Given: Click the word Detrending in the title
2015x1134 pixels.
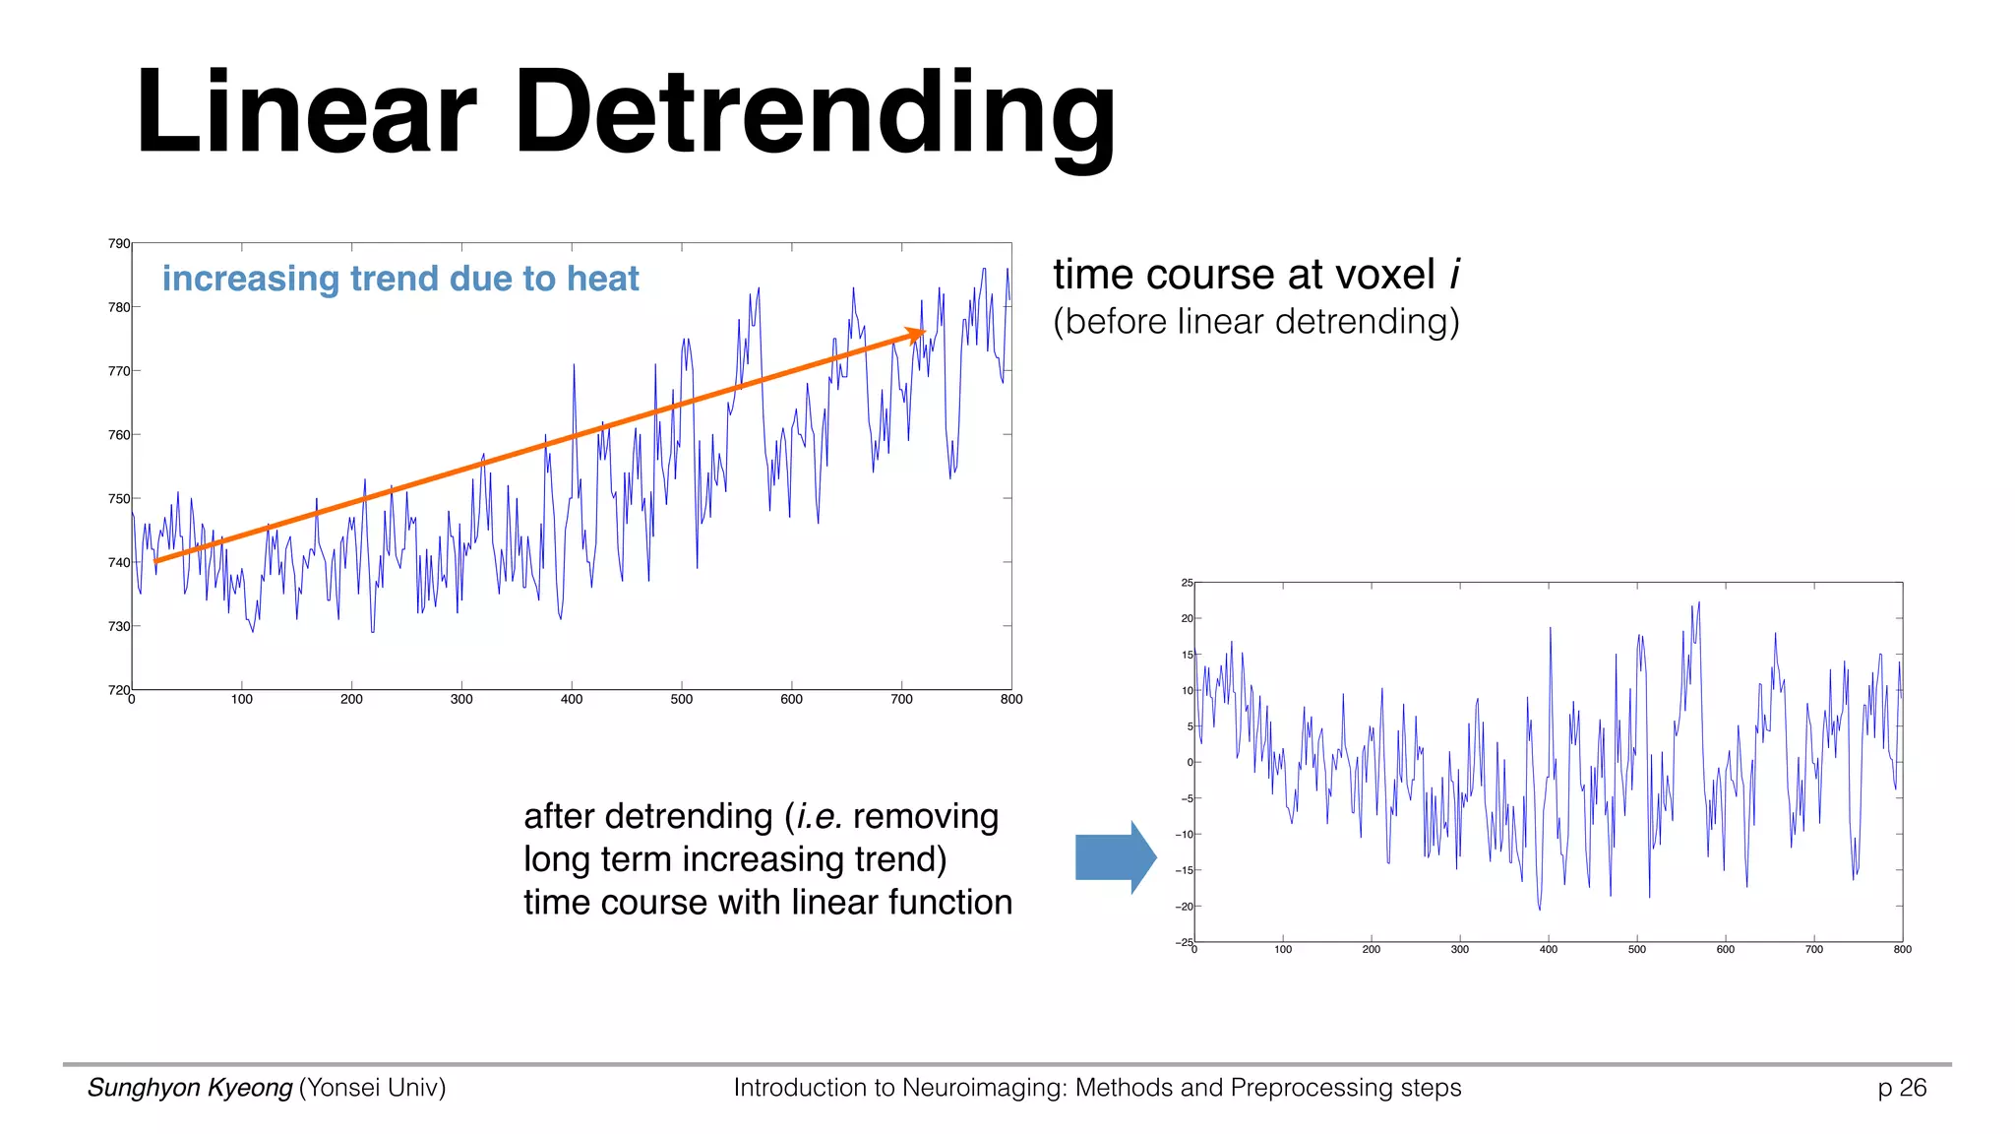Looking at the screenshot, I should click(x=815, y=113).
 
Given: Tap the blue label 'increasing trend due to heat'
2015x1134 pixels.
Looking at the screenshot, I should click(x=400, y=279).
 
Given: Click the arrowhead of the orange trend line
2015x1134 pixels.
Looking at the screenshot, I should click(x=916, y=334).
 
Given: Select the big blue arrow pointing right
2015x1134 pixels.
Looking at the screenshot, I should click(x=1115, y=856).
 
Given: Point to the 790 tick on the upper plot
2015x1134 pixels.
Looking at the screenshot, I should click(x=119, y=243).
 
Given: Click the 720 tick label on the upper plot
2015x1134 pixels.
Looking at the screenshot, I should click(x=119, y=690).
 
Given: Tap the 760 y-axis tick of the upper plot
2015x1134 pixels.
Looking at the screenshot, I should click(x=119, y=435).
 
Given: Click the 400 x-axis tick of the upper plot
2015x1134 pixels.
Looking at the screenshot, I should click(x=572, y=700).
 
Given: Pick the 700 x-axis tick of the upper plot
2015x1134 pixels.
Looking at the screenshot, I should click(x=901, y=700).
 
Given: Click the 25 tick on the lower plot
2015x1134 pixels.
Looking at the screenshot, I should click(x=1187, y=583).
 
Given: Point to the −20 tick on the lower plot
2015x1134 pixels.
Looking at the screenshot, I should click(x=1184, y=907).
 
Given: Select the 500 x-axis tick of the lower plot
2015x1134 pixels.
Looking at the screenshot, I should click(x=1636, y=950).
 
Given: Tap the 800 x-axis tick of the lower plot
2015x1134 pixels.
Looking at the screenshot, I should click(x=1902, y=950).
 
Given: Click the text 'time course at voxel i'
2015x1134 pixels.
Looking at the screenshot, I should click(x=1256, y=275).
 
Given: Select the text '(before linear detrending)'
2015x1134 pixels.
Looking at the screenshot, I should click(x=1256, y=322).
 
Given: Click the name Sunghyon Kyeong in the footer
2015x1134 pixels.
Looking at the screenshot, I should click(x=190, y=1088).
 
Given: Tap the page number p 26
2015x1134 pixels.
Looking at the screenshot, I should click(x=1901, y=1088).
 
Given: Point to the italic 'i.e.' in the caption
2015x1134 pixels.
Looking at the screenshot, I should click(x=819, y=817).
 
